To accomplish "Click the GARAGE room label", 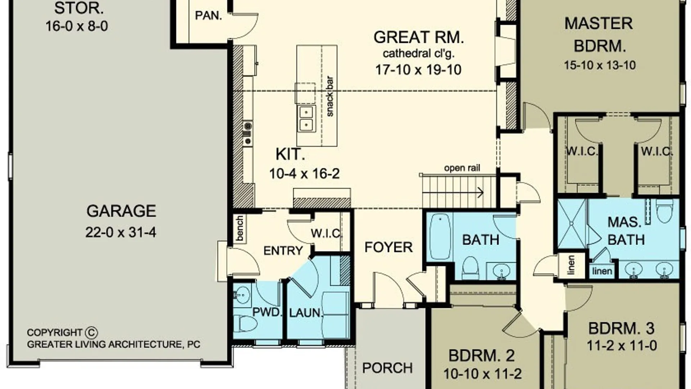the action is click(121, 211).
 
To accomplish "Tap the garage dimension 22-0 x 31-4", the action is click(121, 232).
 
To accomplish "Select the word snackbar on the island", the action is click(330, 96).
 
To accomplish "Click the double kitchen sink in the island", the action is click(306, 119).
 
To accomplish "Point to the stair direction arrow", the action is click(453, 193).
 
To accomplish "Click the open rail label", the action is click(462, 168).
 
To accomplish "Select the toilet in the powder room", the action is click(245, 323).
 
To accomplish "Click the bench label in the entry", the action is click(240, 228).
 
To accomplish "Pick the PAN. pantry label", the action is click(208, 15).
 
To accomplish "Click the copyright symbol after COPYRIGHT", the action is click(91, 332).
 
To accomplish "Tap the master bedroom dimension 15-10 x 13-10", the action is click(600, 65).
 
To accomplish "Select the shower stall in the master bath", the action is click(572, 224).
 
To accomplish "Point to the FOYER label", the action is click(388, 247).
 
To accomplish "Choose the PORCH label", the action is click(387, 368).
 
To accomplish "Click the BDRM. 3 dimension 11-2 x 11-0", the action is click(622, 346).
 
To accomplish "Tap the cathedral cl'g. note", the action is click(419, 53).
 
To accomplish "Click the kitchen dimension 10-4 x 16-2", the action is click(304, 174).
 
